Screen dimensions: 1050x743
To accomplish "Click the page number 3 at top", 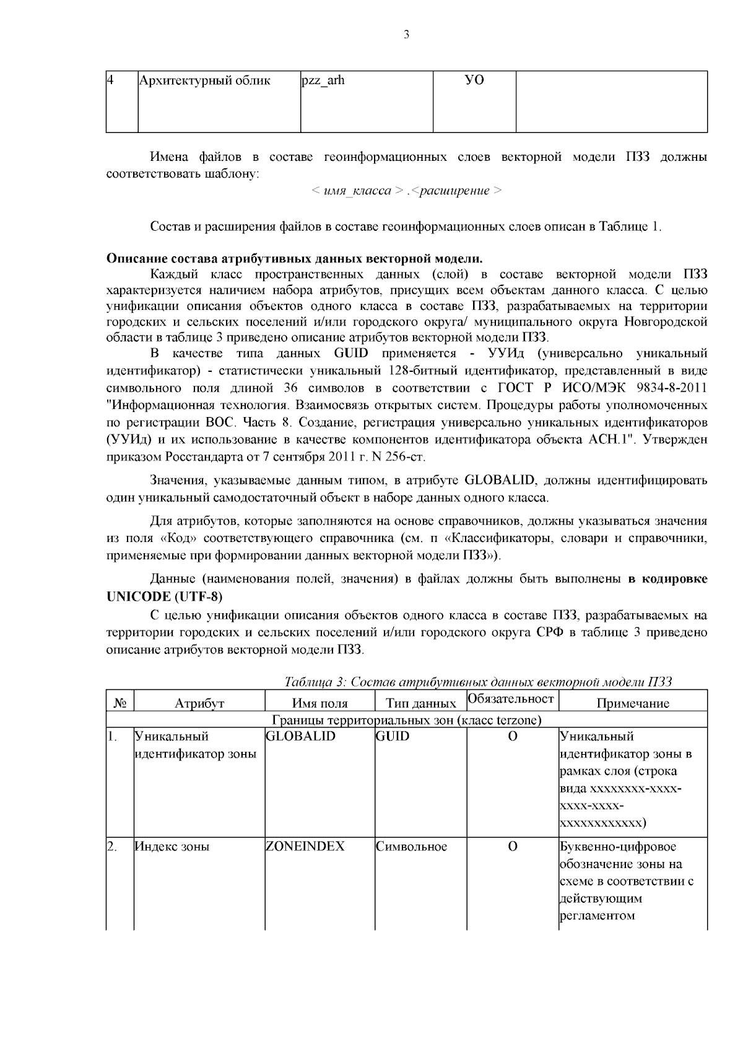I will (x=407, y=35).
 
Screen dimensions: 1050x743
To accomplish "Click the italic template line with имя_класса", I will (x=406, y=191).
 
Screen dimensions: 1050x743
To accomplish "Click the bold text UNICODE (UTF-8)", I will (x=164, y=596).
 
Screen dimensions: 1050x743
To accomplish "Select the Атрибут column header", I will (x=199, y=704).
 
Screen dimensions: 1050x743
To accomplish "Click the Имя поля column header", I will (x=319, y=704).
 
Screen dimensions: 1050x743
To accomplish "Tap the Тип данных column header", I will (x=421, y=704).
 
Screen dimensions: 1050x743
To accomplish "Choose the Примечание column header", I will (x=632, y=704).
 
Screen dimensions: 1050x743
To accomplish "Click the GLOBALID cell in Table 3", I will (x=300, y=737).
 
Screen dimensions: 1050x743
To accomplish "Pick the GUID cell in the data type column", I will (x=392, y=737).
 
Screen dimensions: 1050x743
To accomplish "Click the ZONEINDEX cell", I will (x=305, y=846).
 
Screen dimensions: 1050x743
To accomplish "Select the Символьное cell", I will (x=411, y=846).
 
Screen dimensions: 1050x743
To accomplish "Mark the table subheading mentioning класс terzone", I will (x=407, y=720).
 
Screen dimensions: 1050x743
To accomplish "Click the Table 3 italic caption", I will (x=477, y=682).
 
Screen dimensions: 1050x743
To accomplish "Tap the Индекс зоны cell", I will (x=172, y=846).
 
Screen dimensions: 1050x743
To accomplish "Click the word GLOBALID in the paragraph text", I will (x=495, y=480).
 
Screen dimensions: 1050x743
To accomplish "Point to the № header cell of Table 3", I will (x=120, y=704).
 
